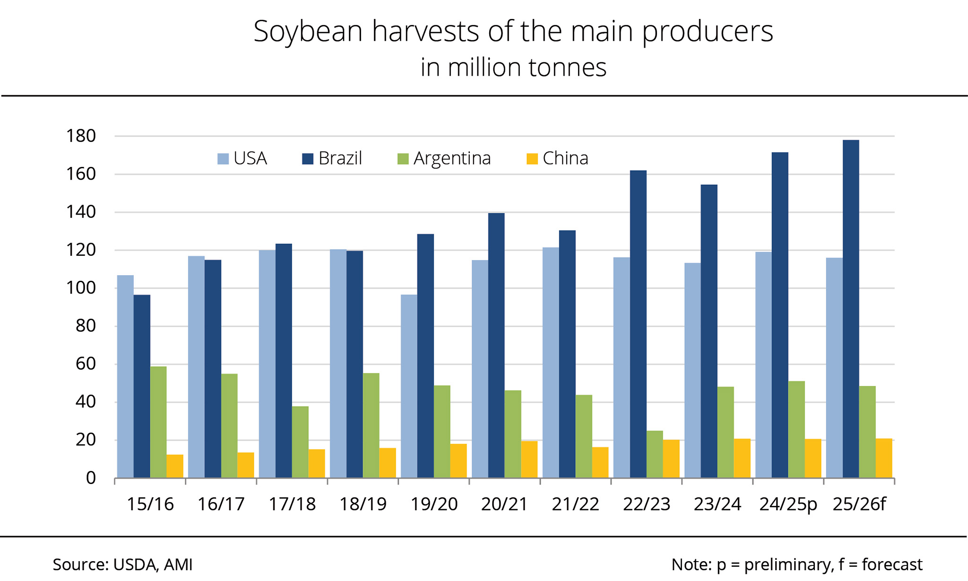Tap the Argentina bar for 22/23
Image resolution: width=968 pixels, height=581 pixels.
pos(655,454)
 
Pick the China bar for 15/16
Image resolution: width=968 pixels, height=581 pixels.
pos(175,466)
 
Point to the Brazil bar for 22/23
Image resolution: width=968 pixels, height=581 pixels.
pos(638,324)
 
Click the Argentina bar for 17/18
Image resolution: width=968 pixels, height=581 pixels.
pos(300,442)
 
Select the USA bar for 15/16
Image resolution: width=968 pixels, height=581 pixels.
pos(125,376)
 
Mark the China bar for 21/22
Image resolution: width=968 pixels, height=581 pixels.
pos(600,462)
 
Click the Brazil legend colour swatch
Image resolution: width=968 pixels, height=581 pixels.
pos(308,158)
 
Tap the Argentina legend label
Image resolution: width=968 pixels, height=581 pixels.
pos(452,158)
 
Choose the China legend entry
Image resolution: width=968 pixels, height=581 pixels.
pos(558,158)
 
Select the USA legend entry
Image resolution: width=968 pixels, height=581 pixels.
pos(242,158)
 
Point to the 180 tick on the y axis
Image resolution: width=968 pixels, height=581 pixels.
pos(81,136)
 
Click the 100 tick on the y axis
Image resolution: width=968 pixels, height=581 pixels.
pos(81,288)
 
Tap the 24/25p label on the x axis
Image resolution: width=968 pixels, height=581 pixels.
pos(788,504)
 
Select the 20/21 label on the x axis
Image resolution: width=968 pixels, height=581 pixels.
pos(504,504)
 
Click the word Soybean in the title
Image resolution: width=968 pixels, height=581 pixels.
pos(308,32)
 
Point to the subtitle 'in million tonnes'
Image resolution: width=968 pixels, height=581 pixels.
pos(513,67)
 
